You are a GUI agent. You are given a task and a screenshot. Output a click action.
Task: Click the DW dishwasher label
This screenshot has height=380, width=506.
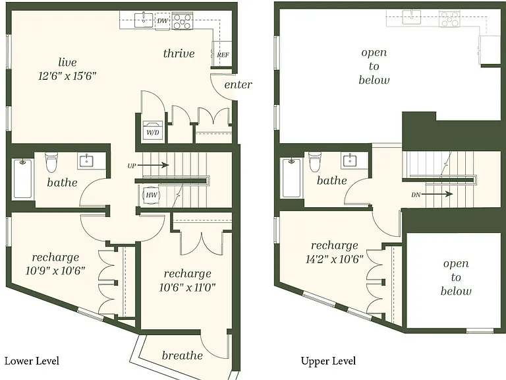coord(162,21)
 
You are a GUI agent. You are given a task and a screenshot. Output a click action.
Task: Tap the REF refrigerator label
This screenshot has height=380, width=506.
coord(223,55)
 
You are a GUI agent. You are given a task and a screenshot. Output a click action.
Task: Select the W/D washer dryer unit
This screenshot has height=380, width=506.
coord(153,130)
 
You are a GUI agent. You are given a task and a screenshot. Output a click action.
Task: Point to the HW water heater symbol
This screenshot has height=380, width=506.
coord(151,195)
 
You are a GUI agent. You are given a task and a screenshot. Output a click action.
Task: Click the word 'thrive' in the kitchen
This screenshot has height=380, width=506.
coord(179,53)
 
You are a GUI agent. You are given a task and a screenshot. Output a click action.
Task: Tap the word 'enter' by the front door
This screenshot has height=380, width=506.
coord(238,84)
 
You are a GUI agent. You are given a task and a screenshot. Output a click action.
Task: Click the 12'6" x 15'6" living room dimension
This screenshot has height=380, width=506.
coord(67,77)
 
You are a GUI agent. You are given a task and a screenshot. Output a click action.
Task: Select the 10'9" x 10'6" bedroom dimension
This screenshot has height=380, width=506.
coord(55,270)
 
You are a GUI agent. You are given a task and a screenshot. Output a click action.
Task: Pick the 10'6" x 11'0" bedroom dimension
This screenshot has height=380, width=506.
coord(187,287)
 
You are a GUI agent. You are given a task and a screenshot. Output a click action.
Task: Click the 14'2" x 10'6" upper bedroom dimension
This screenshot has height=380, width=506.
coord(334,259)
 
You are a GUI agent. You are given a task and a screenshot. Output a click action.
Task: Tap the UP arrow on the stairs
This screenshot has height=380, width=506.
coord(156,165)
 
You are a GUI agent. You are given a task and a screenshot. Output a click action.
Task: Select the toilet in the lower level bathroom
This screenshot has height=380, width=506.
coord(51,162)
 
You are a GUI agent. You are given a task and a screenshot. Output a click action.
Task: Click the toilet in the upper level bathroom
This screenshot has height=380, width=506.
coord(315,162)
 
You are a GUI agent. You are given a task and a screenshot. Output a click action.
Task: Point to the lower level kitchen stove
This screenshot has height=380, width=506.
coord(183,20)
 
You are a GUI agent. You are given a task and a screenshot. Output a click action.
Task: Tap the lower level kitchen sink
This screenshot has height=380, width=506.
coord(144,20)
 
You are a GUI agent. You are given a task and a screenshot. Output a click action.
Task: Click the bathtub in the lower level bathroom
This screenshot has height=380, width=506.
coord(22,179)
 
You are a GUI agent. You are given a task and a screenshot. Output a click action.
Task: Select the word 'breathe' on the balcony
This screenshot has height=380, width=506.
coord(183,356)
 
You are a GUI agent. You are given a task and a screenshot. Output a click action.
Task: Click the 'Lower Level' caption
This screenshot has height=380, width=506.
coord(32,361)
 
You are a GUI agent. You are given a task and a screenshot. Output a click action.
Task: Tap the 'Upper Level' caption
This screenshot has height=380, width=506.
coord(328,362)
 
